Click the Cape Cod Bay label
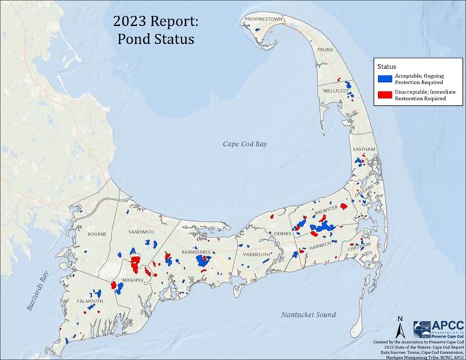[244, 145]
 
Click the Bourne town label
[96, 235]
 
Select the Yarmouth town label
[256, 255]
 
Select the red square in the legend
[386, 95]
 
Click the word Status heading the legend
[388, 63]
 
